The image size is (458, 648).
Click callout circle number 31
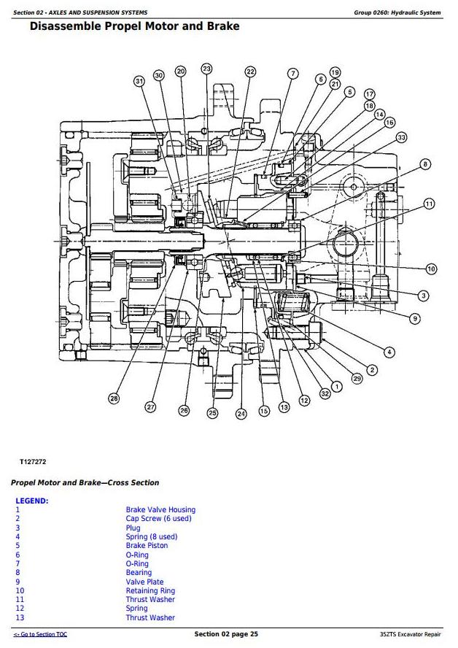pos(139,81)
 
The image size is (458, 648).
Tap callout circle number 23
pos(206,69)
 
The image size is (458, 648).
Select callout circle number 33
pos(401,137)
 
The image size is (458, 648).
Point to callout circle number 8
pos(425,164)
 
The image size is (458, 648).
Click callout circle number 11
pos(429,204)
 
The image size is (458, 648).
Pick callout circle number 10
pos(431,269)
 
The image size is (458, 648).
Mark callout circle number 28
pos(114,398)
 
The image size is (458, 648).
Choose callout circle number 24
pos(241,414)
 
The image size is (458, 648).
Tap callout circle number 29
pos(357,378)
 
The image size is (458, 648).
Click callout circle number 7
pos(292,74)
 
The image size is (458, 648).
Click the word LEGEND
pos(31,501)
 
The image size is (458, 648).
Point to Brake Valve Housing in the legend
pos(160,510)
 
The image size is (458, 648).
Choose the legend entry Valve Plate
pos(144,582)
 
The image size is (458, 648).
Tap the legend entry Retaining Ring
pos(150,591)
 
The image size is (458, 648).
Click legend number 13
pos(20,618)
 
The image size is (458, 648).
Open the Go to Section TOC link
pos(40,635)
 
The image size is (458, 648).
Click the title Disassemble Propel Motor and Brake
pos(134,27)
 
